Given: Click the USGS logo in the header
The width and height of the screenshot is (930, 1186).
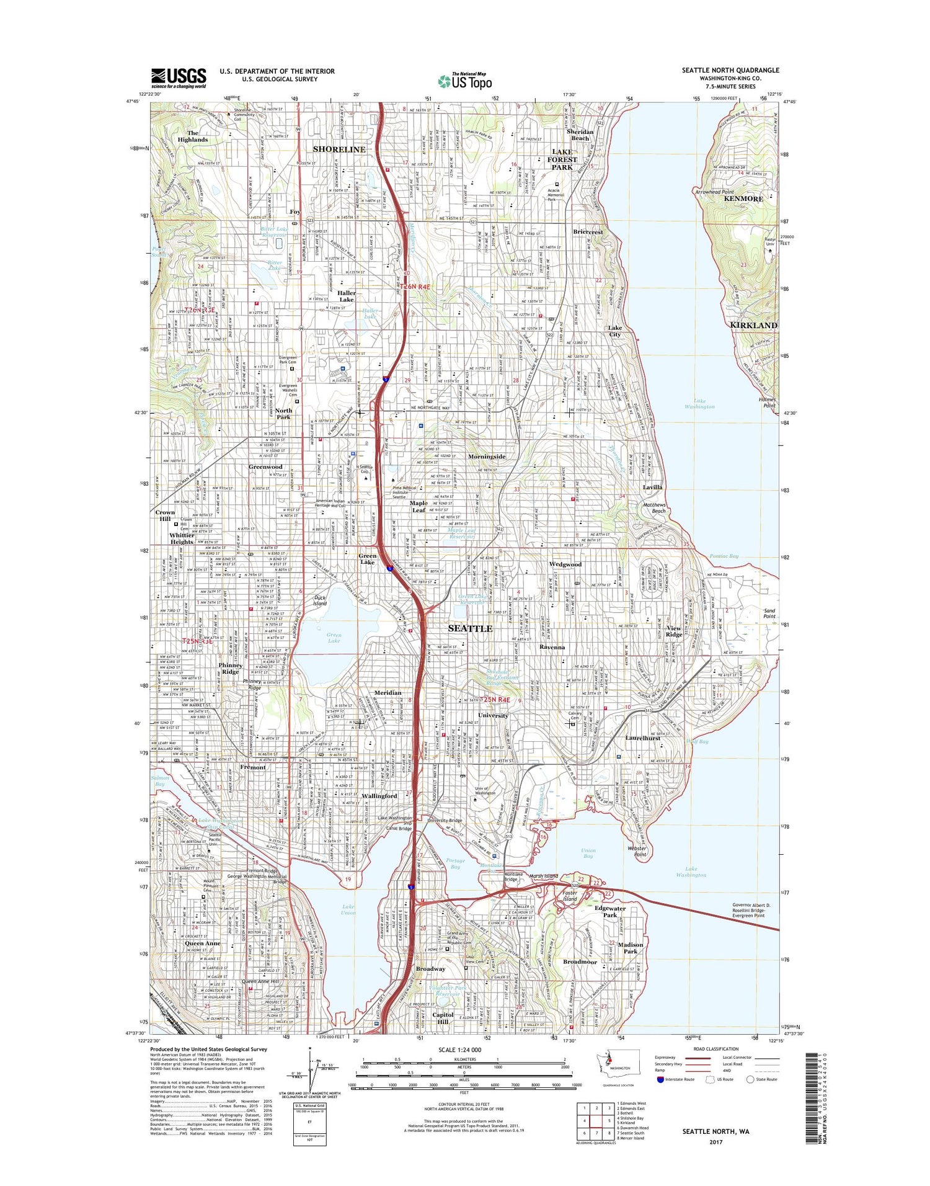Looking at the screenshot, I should tap(179, 78).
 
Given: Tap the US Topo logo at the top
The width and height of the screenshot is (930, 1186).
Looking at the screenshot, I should tap(465, 80).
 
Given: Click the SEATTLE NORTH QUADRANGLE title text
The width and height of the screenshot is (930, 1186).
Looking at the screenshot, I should tap(730, 70).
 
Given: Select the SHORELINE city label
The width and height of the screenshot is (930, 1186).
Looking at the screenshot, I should tap(339, 149).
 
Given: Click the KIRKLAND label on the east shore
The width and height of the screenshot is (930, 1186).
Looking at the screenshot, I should tap(753, 325).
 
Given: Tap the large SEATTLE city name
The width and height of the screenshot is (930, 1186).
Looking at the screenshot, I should tap(470, 628).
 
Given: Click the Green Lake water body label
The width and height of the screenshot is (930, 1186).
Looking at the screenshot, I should tap(334, 637).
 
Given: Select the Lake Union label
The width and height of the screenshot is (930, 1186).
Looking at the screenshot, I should tap(348, 910).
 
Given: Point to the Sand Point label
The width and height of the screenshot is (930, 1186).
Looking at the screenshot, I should tap(769, 613).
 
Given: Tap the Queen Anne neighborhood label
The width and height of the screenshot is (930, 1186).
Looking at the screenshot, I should tap(203, 943).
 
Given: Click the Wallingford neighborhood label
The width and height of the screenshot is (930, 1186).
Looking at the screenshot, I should tap(379, 795).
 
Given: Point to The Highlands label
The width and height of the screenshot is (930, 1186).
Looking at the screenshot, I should tap(193, 136).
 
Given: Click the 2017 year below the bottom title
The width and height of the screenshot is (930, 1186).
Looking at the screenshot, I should tap(715, 1142).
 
